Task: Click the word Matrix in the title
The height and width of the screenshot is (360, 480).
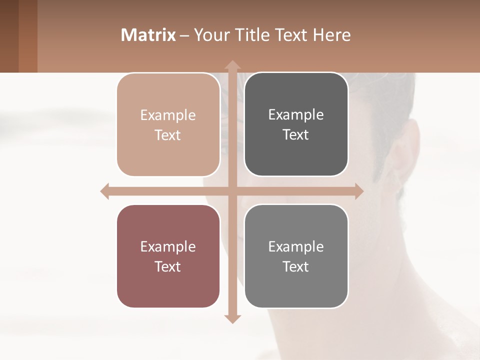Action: click(148, 35)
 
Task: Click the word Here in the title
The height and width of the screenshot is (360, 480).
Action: click(331, 35)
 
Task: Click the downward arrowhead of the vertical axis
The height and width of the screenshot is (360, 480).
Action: click(232, 318)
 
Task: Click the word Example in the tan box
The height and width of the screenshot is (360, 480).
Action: click(168, 115)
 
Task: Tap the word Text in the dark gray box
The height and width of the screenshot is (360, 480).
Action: click(296, 135)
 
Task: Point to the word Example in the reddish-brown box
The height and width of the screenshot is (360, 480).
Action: click(168, 247)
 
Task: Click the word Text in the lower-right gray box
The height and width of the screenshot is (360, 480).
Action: click(296, 266)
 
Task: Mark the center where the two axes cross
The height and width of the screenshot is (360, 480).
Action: click(232, 191)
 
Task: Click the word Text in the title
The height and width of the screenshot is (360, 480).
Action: click(291, 35)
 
